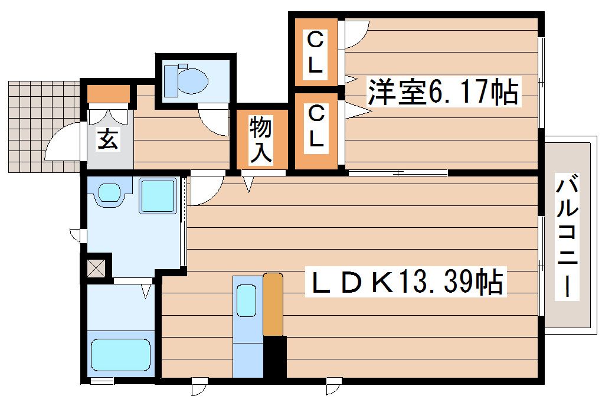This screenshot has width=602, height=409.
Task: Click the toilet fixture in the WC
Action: pyautogui.click(x=185, y=80)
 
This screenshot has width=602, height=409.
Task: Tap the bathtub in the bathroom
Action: pyautogui.click(x=120, y=354)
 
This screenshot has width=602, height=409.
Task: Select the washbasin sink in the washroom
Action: pyautogui.click(x=109, y=192)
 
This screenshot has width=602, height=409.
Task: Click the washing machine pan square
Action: pyautogui.click(x=158, y=195)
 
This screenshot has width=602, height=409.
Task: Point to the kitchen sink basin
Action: pyautogui.click(x=246, y=301)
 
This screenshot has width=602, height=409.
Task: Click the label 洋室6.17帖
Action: pyautogui.click(x=443, y=93)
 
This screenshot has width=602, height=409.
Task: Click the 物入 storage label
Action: pyautogui.click(x=261, y=139)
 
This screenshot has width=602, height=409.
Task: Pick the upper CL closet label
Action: pyautogui.click(x=316, y=53)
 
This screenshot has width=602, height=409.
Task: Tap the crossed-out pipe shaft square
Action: pyautogui.click(x=96, y=266)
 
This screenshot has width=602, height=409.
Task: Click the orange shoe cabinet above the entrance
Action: pyautogui.click(x=108, y=93)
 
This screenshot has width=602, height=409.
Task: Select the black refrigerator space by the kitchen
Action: pyautogui.click(x=274, y=356)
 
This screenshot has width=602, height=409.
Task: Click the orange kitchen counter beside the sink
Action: pyautogui.click(x=273, y=303)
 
